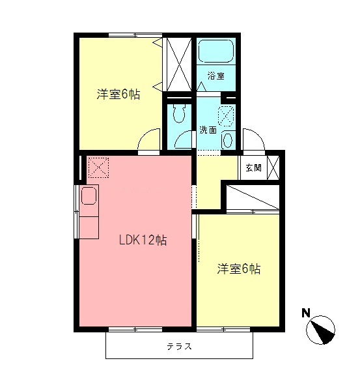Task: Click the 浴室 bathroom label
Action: pos(215,76)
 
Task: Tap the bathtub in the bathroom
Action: pos(216,51)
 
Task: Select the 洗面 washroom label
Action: pos(208,129)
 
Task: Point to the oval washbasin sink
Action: pos(227,139)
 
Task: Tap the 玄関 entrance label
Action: pos(254,167)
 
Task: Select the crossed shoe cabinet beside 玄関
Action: pos(274,167)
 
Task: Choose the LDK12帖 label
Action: pos(143,240)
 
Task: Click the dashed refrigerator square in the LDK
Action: pos(98,167)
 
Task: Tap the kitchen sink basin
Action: pos(88,195)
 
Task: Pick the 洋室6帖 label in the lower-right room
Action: pos(239,268)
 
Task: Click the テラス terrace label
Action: pos(179,346)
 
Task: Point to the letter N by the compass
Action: pos(305,313)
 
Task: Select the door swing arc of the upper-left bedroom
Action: pos(150,139)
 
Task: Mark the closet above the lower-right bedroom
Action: pos(253,197)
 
